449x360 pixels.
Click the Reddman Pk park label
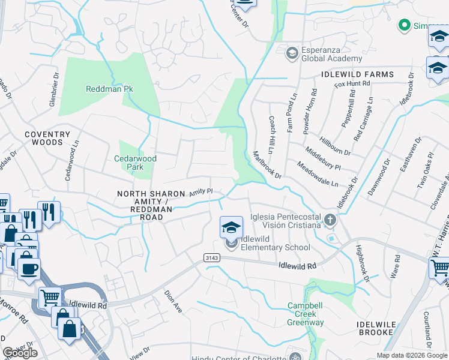click(x=109, y=89)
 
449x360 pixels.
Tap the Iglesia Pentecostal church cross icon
click(x=329, y=221)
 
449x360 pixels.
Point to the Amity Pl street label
click(x=201, y=192)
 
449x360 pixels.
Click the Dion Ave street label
click(x=173, y=302)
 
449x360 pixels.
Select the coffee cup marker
click(x=28, y=268)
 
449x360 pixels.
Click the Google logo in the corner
click(x=20, y=353)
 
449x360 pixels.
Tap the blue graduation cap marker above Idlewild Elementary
click(x=231, y=227)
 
